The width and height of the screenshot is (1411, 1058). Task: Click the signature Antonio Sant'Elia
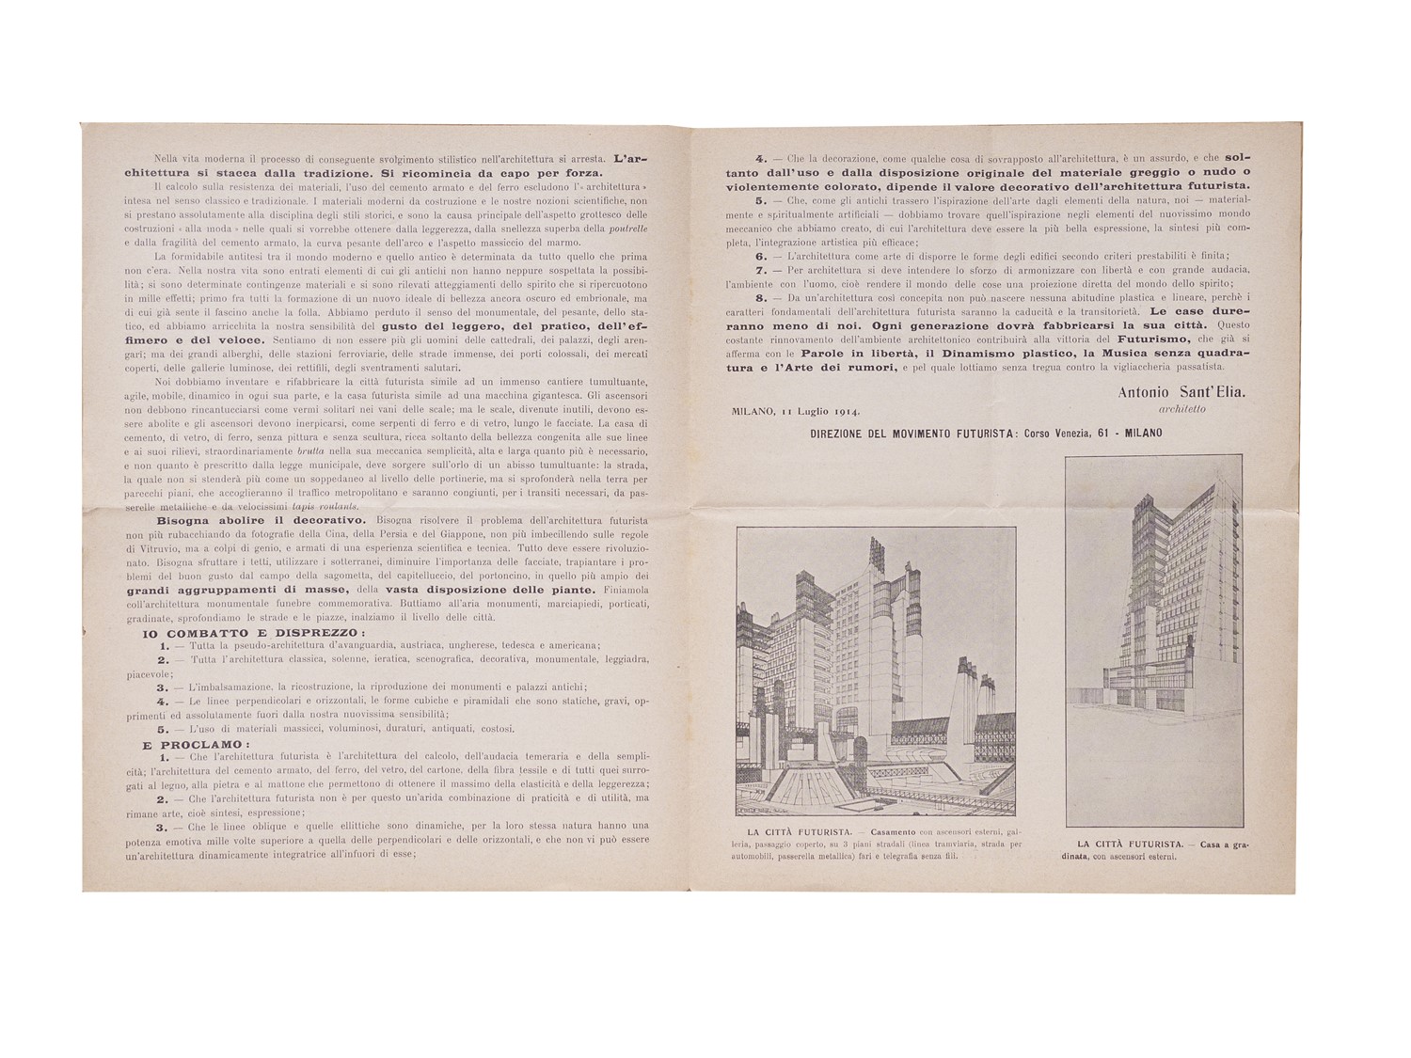tap(1181, 391)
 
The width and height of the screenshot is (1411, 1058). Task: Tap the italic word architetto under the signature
tap(1181, 409)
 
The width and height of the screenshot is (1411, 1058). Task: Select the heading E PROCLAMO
tap(190, 743)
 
